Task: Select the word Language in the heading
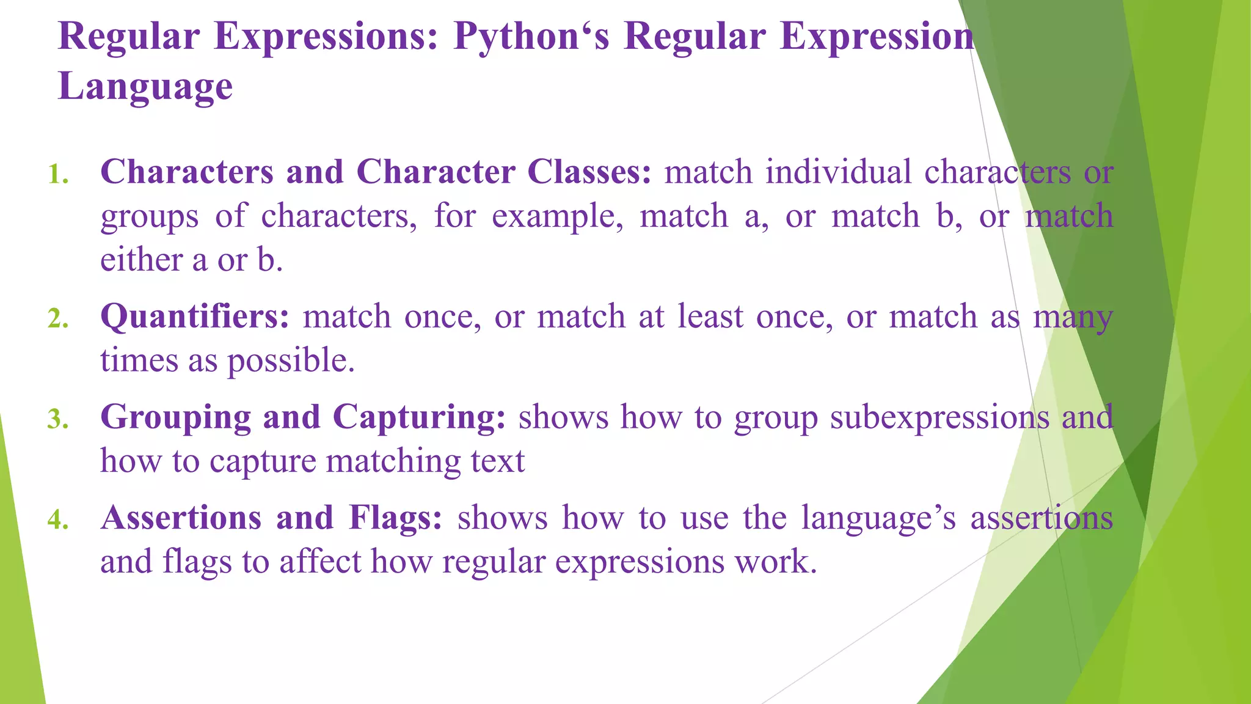pos(145,87)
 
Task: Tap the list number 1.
pos(58,175)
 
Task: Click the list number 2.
pos(58,320)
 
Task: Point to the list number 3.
pos(58,420)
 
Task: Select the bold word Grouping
pos(175,418)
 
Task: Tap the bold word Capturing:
pos(419,418)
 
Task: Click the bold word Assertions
pos(181,518)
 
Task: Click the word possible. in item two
pos(291,361)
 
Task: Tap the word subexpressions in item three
pos(939,418)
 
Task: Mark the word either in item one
pos(141,260)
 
